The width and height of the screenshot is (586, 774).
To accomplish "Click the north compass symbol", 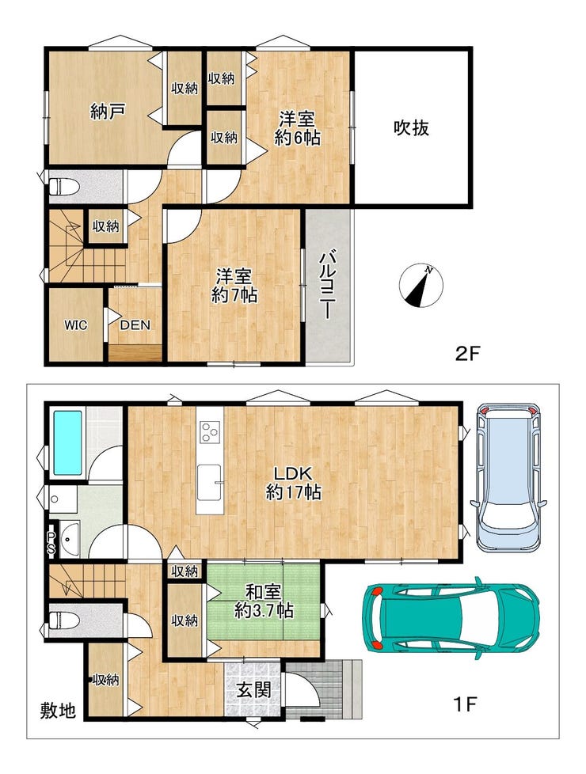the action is pos(421,286).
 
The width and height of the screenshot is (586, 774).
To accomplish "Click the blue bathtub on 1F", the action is pos(67,442).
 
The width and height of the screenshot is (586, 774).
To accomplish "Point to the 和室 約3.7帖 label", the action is pos(264,601).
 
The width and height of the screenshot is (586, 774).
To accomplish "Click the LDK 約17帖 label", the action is pos(294,484).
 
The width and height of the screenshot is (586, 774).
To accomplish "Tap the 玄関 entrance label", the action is pos(254,689).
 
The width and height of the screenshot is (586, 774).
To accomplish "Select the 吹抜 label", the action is pos(411,128).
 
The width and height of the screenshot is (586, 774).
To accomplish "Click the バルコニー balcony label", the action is pos(326,286).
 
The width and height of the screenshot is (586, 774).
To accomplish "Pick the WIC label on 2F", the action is pos(75,325).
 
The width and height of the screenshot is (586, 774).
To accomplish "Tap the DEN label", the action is pos(135,325).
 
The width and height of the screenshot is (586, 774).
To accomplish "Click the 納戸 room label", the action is pos(107,112).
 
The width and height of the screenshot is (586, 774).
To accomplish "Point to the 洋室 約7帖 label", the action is pos(234,286).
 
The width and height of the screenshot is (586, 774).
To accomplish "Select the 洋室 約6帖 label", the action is pos(297,128).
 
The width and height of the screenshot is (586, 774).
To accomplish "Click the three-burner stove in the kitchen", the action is pos(210,432).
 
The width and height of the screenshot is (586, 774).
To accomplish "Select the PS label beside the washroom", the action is pos(51,542).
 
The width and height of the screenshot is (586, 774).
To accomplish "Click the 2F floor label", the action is pos(467,354).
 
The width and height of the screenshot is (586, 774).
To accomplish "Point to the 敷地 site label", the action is pos(58,711).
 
